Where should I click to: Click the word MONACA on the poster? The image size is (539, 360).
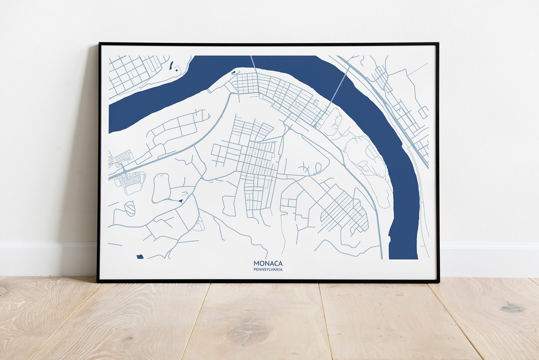(268, 263)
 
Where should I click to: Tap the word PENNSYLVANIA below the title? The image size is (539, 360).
(268, 270)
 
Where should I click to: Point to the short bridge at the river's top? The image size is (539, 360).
(253, 63)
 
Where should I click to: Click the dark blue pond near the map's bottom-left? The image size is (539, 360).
(140, 257)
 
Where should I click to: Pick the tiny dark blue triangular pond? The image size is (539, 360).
(180, 200)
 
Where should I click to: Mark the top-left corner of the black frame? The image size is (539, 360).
(99, 44)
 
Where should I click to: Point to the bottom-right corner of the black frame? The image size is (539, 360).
(438, 282)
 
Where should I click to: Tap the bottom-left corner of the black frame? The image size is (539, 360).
(98, 282)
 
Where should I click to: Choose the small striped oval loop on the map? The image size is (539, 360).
(130, 208)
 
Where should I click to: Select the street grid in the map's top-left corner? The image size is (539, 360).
(131, 73)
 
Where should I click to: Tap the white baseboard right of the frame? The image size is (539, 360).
(489, 260)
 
